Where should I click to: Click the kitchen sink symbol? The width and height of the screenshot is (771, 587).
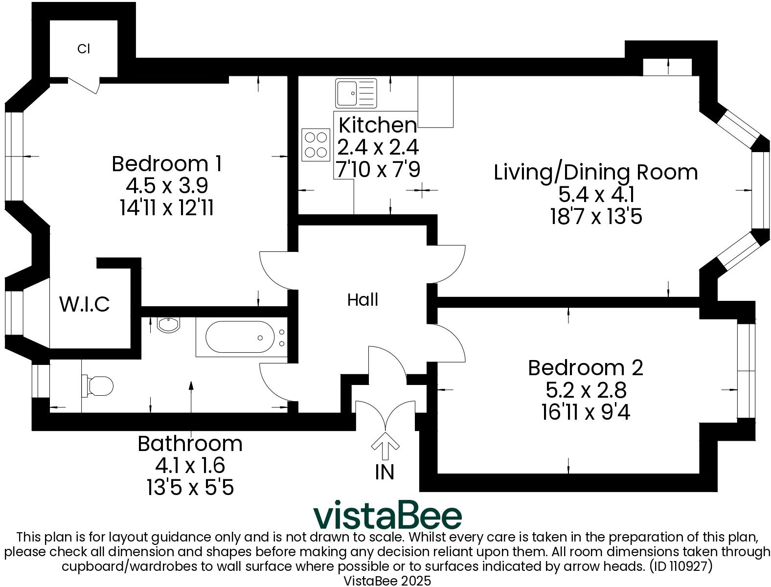356,93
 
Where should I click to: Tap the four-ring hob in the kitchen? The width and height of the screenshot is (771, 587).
316,145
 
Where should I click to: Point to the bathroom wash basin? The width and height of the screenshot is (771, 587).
169,324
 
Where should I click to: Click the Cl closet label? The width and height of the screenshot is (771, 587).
84,49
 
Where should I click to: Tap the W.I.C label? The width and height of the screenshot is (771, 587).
85,304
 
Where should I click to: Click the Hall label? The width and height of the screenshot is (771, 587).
363,299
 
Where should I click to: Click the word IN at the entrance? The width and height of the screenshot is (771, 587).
385,472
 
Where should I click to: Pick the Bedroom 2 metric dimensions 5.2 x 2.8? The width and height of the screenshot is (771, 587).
586,390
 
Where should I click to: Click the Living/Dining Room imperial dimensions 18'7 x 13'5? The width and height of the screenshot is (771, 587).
595,216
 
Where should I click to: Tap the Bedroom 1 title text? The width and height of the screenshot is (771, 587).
167,163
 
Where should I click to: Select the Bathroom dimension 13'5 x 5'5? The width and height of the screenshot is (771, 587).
190,487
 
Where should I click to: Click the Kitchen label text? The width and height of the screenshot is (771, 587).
377,125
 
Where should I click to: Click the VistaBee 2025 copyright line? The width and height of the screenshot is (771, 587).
387,581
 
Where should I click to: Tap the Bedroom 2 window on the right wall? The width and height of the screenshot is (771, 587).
746,371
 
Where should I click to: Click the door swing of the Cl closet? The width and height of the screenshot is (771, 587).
85,85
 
